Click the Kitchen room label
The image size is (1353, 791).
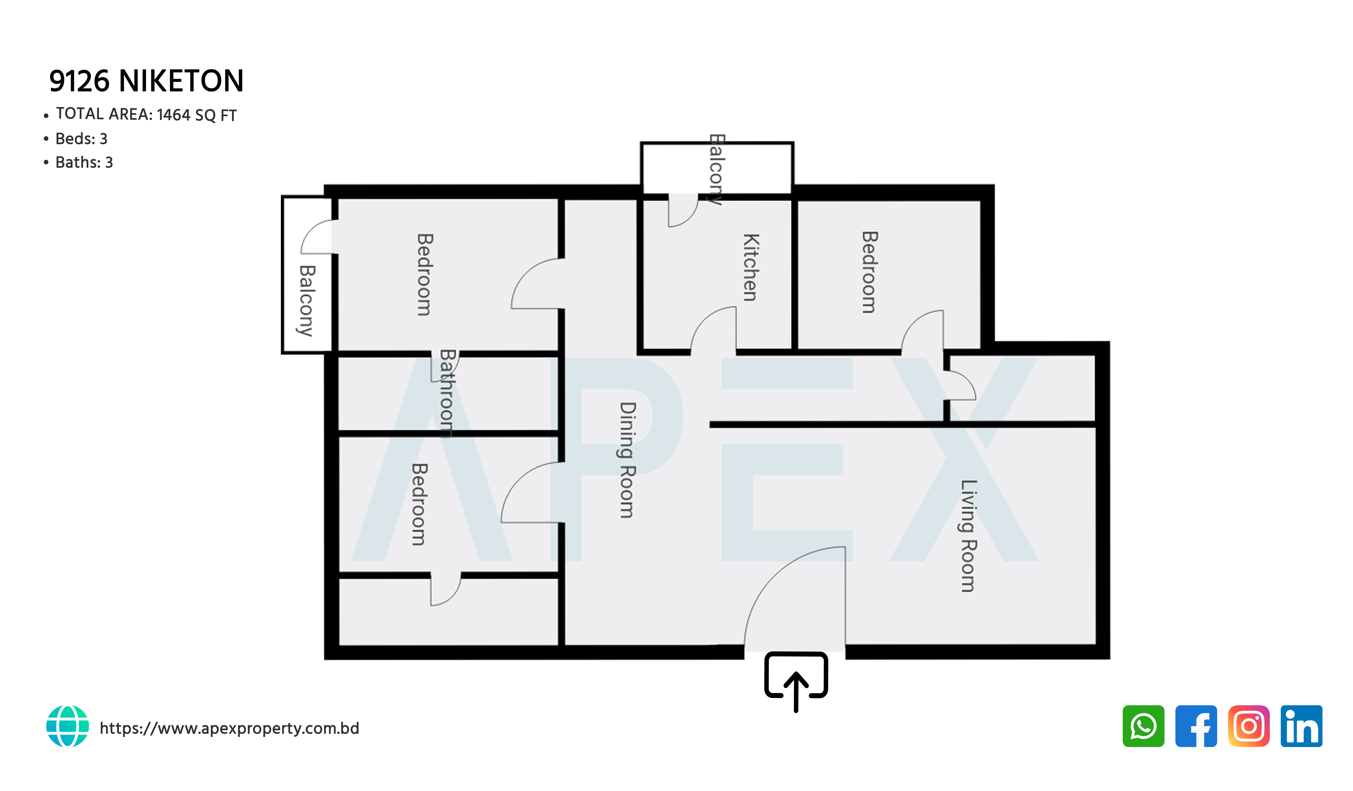pos(751,267)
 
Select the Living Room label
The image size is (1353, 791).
pos(968,536)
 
